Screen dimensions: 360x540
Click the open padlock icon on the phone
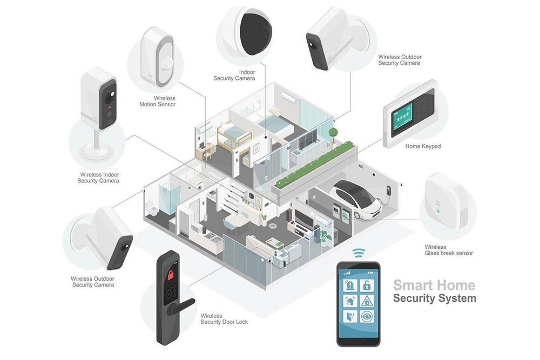367,285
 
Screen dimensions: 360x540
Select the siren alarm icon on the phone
350,285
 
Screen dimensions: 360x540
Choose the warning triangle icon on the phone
367,301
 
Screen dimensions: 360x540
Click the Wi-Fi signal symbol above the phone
358,253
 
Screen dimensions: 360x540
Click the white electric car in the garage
356,198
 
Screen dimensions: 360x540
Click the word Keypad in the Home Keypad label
431,146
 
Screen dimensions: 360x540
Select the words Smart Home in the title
434,285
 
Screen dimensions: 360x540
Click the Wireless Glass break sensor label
448,250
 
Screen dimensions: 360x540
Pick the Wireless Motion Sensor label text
165,101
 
